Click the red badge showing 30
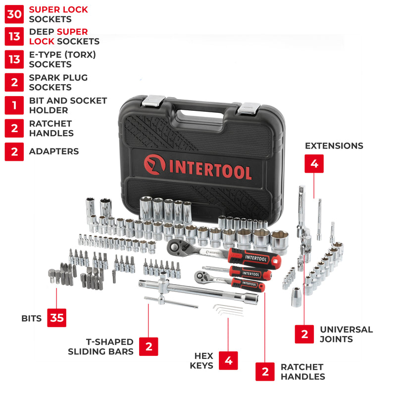[x=14, y=14]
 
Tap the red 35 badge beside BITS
[x=57, y=318]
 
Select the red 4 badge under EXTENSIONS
[x=314, y=163]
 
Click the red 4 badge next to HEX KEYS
[x=228, y=360]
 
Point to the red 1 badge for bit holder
[x=14, y=105]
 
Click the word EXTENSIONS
[x=334, y=146]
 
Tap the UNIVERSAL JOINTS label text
[x=346, y=334]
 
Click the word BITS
[x=32, y=318]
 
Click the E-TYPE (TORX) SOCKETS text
[x=62, y=59]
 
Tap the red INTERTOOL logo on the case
[x=198, y=167]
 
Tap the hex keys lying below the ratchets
[x=229, y=310]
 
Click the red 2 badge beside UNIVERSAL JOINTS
[x=304, y=334]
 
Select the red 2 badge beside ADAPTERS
[x=14, y=151]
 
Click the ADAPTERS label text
[x=54, y=151]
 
